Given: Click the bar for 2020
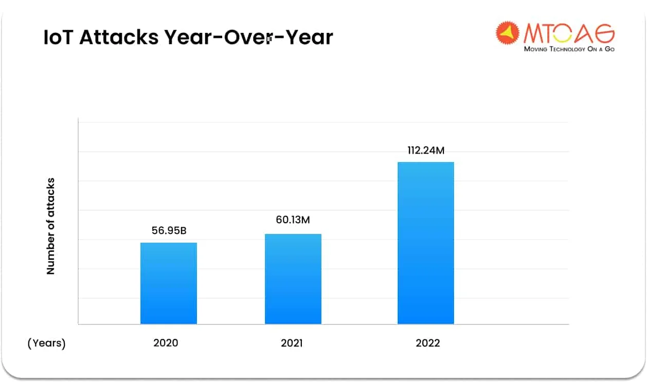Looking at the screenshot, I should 169,283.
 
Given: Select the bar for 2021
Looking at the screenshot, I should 293,279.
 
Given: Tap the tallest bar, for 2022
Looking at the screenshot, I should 426,243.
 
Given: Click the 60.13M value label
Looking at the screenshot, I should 293,220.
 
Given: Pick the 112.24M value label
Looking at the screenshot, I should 425,150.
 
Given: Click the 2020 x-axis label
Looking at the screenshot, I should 166,343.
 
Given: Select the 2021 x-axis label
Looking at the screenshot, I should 292,343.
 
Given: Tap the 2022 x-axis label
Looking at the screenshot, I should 428,343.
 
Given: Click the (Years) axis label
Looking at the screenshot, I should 46,343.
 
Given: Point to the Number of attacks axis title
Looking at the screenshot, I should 50,226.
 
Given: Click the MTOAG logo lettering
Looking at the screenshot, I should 569,33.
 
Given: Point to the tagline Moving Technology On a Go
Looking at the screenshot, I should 569,49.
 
